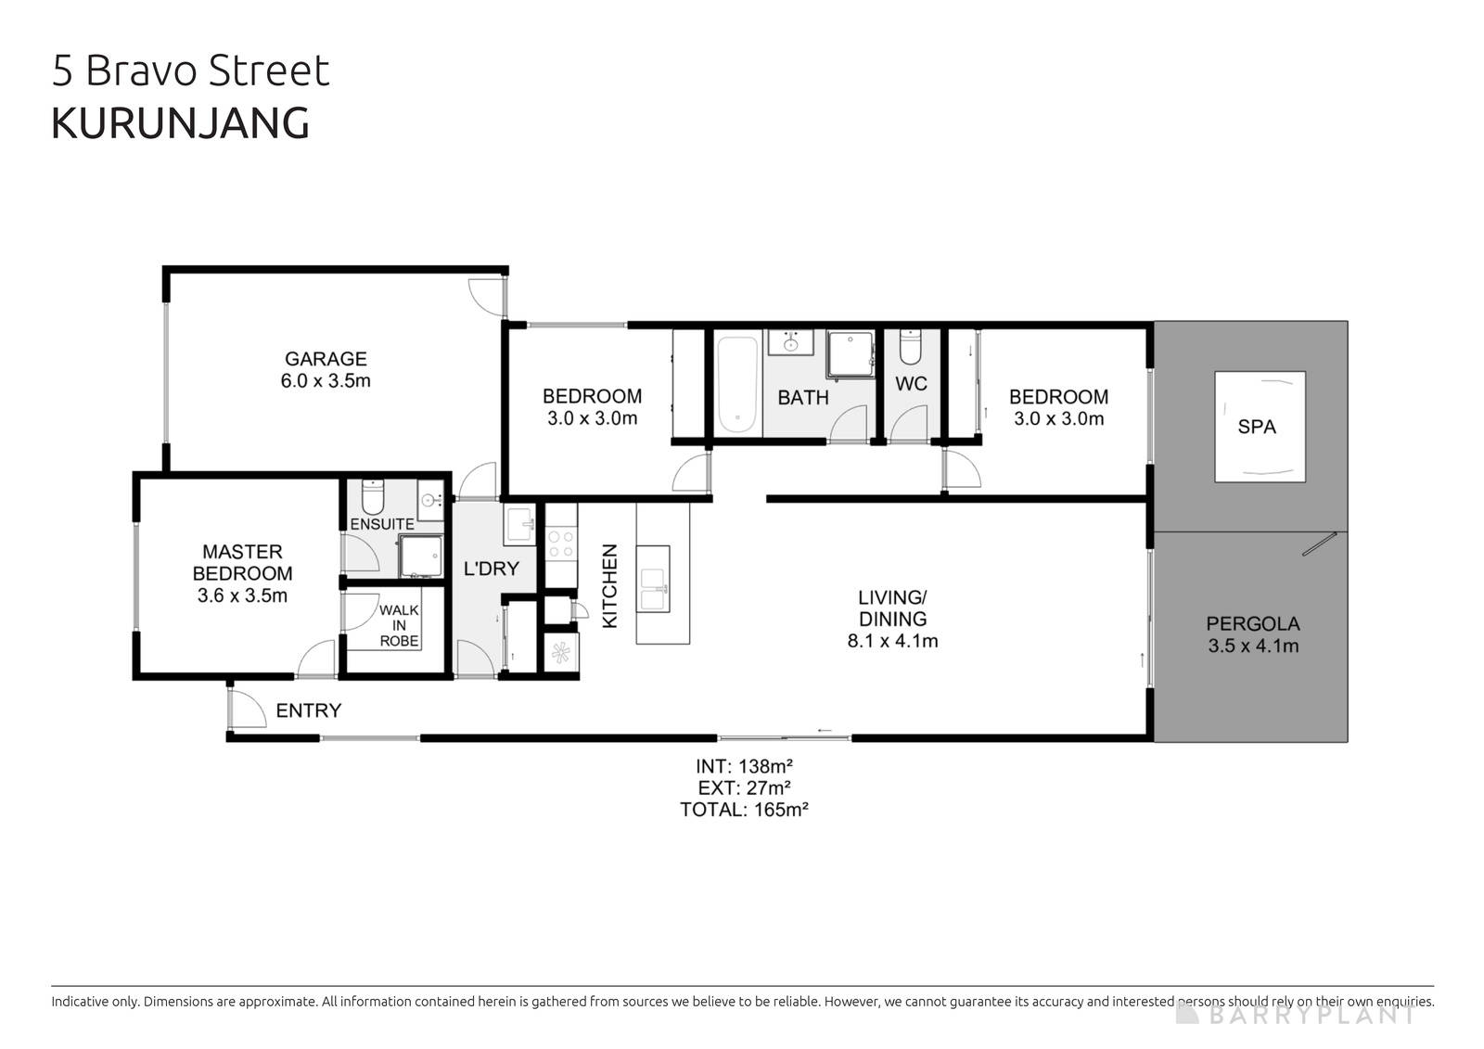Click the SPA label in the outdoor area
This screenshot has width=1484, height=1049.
tap(1257, 427)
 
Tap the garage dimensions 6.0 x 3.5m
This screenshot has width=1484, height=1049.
tap(326, 381)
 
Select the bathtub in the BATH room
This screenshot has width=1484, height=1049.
tap(736, 385)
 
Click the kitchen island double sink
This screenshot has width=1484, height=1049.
tap(653, 579)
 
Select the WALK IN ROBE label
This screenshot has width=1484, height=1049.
tap(399, 625)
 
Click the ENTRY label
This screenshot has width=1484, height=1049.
tap(309, 710)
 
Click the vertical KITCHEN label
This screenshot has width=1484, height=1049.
tap(610, 585)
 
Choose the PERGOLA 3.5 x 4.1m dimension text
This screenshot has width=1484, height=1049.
tap(1253, 646)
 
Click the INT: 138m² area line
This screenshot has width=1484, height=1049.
tap(744, 766)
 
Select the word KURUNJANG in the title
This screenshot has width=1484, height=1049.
tap(180, 123)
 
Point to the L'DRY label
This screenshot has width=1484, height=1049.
tap(491, 569)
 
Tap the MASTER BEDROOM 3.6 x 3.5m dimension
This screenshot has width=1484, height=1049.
tap(242, 596)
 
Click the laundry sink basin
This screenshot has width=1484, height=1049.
tap(518, 524)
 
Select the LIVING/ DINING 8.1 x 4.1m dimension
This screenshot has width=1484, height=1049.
tap(892, 641)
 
